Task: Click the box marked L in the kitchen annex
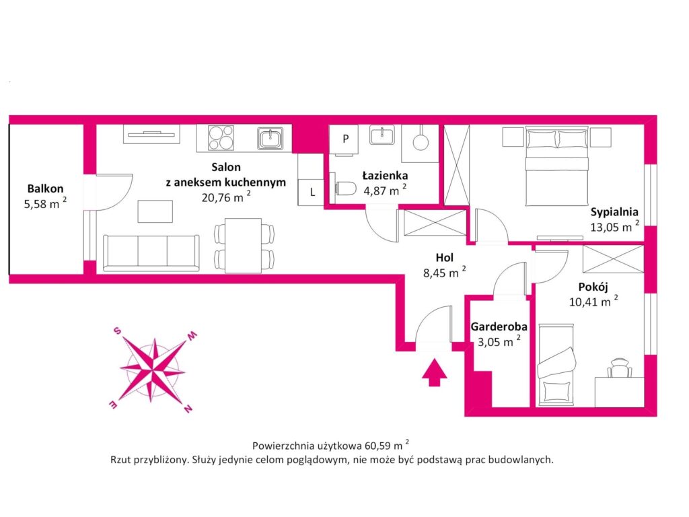point(312,192)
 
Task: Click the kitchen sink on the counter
point(271,139)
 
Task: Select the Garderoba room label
point(499,326)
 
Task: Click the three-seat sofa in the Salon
point(151,252)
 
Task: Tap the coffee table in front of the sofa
point(155,211)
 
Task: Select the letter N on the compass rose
point(188,408)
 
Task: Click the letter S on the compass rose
point(116,331)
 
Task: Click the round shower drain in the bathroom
point(421,141)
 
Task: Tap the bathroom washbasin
point(382,137)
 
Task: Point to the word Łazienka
point(384,175)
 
